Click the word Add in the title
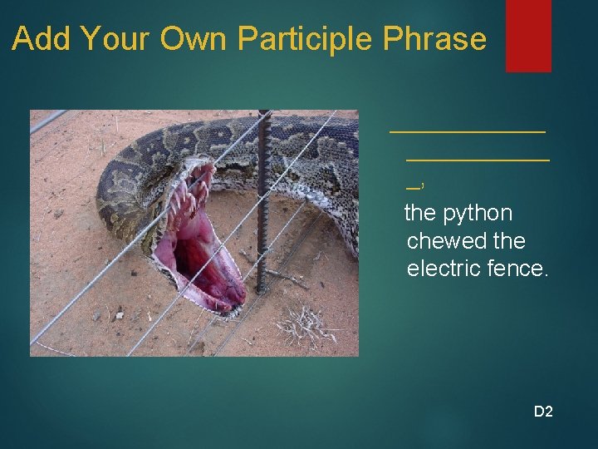[x=39, y=39]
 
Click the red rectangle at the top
[x=528, y=35]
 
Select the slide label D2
[x=543, y=411]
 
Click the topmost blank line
[x=468, y=131]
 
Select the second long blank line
[x=478, y=156]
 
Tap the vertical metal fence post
[x=262, y=200]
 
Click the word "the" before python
[x=420, y=213]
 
